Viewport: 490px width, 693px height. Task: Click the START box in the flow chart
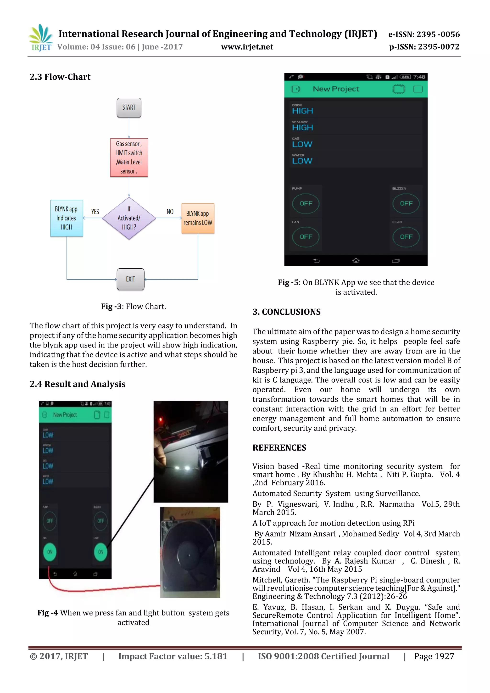pyautogui.click(x=129, y=107)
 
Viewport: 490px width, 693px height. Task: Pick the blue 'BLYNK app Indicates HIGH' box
pyautogui.click(x=66, y=218)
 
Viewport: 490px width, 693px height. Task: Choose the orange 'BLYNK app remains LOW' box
pyautogui.click(x=198, y=218)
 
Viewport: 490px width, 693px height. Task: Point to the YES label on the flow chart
pyautogui.click(x=95, y=212)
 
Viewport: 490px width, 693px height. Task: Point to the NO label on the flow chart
pyautogui.click(x=170, y=212)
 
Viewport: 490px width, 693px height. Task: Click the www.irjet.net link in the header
pyautogui.click(x=247, y=47)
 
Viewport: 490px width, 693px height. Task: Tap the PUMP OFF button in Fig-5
pyautogui.click(x=306, y=203)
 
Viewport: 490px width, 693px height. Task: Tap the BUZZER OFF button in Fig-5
pyautogui.click(x=406, y=203)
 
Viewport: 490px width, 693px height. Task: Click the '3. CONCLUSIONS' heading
pyautogui.click(x=286, y=312)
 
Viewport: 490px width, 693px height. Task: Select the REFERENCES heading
pyautogui.click(x=279, y=448)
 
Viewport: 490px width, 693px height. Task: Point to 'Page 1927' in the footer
pyautogui.click(x=434, y=656)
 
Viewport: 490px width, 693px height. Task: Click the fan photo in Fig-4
pyautogui.click(x=190, y=552)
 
